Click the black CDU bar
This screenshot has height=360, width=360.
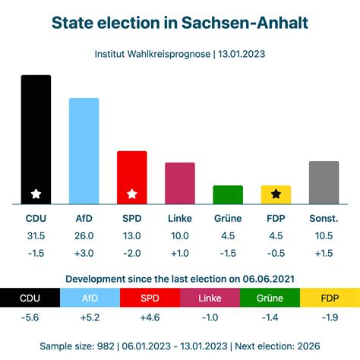click(x=36, y=137)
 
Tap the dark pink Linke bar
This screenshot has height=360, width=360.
click(x=180, y=183)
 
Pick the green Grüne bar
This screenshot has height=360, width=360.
click(x=228, y=194)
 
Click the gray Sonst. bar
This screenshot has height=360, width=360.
click(x=324, y=182)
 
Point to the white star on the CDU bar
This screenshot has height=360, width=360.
click(x=36, y=194)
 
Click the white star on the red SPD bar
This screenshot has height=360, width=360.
click(x=131, y=194)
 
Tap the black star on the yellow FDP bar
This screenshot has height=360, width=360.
click(x=276, y=194)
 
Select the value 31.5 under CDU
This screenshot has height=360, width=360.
click(x=36, y=236)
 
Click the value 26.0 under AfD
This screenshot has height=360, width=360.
click(x=84, y=236)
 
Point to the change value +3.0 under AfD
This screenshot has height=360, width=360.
click(x=84, y=253)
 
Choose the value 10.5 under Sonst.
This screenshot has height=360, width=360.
click(x=324, y=236)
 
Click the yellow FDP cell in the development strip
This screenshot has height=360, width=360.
click(x=330, y=298)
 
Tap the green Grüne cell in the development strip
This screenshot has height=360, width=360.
click(x=270, y=298)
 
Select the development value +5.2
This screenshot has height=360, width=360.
click(x=90, y=317)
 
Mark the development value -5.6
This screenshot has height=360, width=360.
click(x=30, y=317)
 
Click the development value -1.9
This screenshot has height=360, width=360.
click(x=330, y=317)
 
